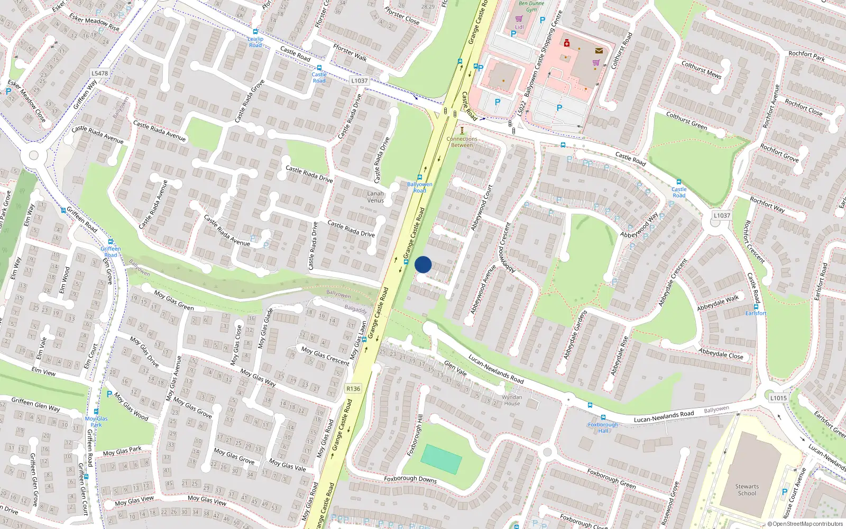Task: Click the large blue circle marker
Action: click(x=423, y=264)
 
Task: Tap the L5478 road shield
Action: click(x=99, y=74)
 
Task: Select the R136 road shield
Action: click(x=353, y=388)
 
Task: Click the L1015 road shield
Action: click(x=778, y=398)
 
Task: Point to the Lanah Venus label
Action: click(x=375, y=197)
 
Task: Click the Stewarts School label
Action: click(x=747, y=490)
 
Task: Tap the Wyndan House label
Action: click(x=511, y=400)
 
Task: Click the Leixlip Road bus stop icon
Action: click(x=256, y=32)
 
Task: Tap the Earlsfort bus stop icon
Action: click(x=756, y=306)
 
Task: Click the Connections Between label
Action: click(x=462, y=142)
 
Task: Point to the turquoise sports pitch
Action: click(x=442, y=459)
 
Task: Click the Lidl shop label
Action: click(x=519, y=26)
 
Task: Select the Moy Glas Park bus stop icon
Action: click(x=96, y=412)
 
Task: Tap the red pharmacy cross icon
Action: click(x=566, y=43)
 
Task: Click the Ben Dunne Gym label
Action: click(x=531, y=6)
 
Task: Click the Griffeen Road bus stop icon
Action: click(x=111, y=242)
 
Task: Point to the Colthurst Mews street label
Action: click(x=701, y=69)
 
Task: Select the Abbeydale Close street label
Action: click(x=721, y=354)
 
